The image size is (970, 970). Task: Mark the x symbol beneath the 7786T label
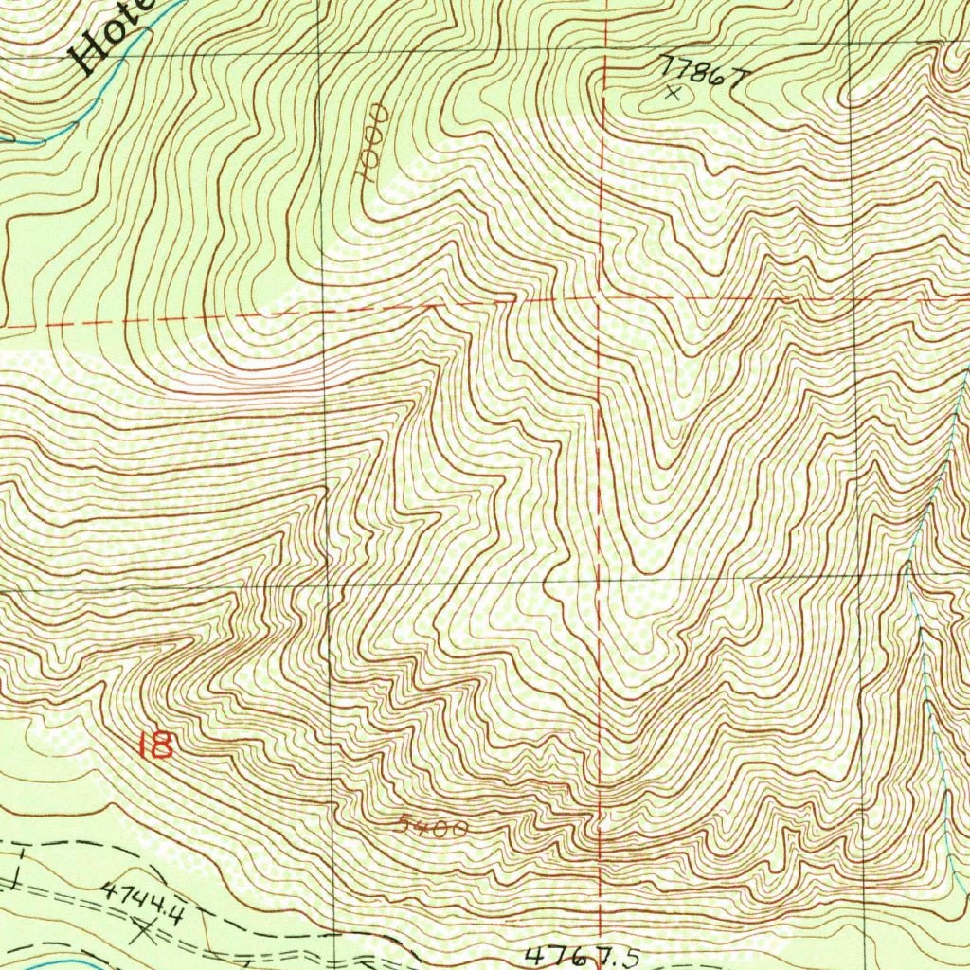point(674,93)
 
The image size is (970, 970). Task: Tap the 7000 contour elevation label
point(370,143)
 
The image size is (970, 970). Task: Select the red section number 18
point(155,745)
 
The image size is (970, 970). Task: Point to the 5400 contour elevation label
point(432,827)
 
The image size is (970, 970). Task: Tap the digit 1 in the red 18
point(142,745)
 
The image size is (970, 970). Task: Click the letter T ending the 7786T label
point(730,81)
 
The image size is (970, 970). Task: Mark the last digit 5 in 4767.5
point(629,958)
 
